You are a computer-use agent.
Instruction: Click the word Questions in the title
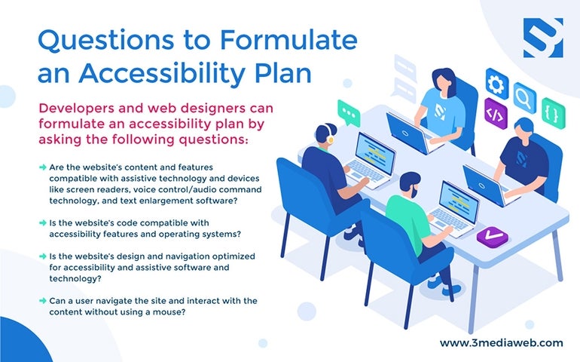105,41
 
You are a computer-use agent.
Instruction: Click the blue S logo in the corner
543,38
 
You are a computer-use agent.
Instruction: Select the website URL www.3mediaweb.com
501,342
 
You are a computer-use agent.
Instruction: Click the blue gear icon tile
496,84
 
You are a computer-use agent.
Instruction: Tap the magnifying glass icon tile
524,98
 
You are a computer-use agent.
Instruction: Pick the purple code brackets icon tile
496,114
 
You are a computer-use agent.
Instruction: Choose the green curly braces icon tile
554,113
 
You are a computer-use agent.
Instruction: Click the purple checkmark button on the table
493,236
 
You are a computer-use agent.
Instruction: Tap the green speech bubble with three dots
349,112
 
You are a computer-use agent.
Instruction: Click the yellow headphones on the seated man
329,133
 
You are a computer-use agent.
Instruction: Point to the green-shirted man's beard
414,192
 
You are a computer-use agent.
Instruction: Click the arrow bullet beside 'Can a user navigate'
42,300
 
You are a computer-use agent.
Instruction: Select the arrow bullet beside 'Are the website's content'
42,167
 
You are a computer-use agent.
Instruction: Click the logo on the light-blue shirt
439,111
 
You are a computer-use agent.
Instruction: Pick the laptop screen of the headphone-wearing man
374,153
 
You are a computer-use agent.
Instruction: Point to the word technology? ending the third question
75,278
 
